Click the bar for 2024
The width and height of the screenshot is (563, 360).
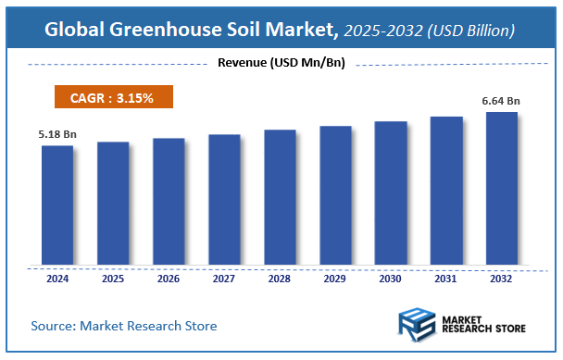56,204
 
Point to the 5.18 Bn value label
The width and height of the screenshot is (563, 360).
57,135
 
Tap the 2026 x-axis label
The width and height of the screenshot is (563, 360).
169,278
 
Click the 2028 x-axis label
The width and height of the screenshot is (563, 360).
280,278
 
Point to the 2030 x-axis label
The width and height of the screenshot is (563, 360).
391,278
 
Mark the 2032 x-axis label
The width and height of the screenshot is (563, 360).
502,278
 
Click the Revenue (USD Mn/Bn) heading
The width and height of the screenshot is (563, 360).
281,64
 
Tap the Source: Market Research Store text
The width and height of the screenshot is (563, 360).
124,326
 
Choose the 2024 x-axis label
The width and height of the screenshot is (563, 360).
56,278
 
